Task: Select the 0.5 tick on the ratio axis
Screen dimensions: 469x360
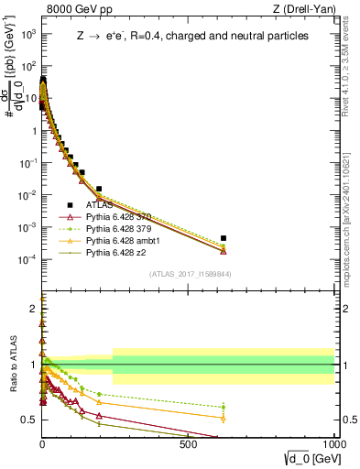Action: point(29,420)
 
